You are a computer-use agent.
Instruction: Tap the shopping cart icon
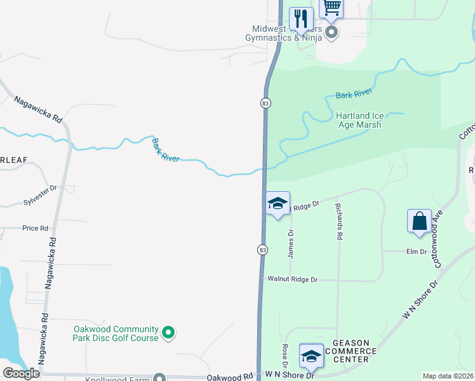click(331, 8)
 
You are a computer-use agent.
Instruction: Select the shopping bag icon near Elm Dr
click(419, 221)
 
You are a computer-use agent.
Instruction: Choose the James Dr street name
click(291, 243)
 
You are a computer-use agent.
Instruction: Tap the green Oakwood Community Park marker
click(168, 332)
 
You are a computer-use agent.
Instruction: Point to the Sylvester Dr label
click(41, 201)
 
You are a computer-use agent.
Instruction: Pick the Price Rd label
click(36, 228)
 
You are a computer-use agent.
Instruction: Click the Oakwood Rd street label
click(229, 376)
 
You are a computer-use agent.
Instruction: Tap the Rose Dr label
click(285, 356)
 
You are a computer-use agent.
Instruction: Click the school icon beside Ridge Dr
click(277, 204)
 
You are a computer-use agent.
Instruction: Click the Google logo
click(21, 373)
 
